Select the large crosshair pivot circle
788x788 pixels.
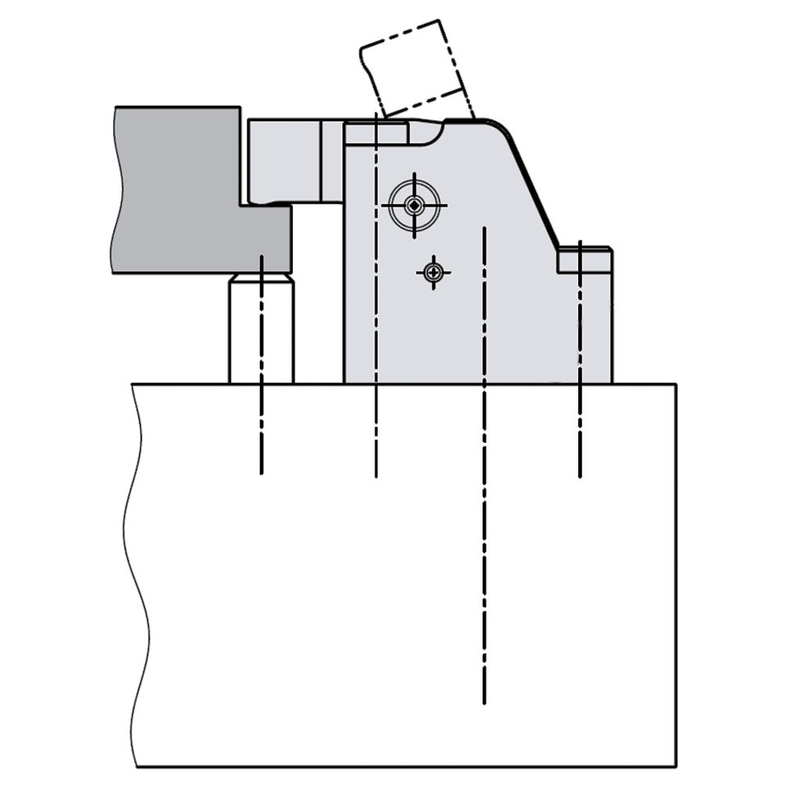[415, 205]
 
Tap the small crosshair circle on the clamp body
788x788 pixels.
[434, 271]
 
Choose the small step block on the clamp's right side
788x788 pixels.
[585, 260]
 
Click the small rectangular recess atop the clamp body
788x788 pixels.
[376, 133]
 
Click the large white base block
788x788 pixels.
[406, 573]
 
